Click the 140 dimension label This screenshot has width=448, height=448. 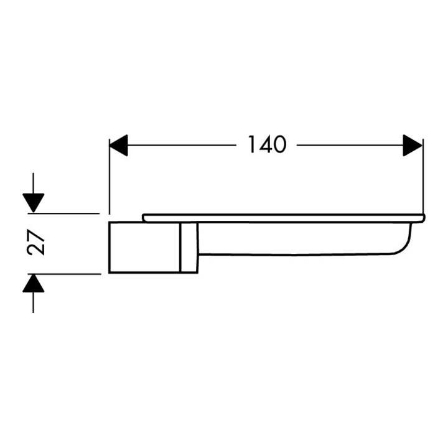pos(267,144)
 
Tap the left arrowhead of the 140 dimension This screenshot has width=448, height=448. pos(118,146)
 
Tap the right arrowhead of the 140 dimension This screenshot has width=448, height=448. pos(413,146)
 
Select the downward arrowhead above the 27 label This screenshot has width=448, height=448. pos(34,203)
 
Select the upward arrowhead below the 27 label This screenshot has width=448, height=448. pos(34,283)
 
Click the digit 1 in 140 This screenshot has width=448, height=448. pos(252,144)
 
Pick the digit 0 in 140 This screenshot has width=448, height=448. pos(279,145)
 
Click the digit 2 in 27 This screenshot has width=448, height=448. pos(36,249)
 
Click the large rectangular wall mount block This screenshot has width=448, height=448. pos(144,247)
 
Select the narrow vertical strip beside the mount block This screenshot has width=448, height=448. pos(189,247)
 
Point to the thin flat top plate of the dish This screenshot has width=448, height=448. pos(284,218)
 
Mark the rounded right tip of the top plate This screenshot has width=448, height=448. pos(424,218)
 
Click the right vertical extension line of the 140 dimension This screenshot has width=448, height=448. pos(422,177)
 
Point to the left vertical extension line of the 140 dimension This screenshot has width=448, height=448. pos(110,177)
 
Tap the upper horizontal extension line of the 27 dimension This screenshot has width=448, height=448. pos(63,213)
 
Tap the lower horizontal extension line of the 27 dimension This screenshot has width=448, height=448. pos(65,274)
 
